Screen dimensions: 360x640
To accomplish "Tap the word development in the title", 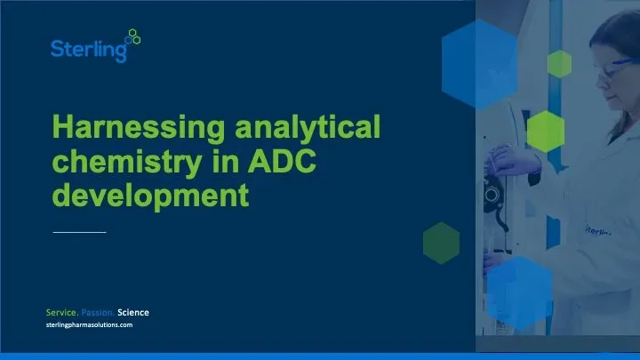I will [x=148, y=194].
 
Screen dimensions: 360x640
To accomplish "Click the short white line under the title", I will [x=79, y=232].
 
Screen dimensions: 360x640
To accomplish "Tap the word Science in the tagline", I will [x=133, y=312].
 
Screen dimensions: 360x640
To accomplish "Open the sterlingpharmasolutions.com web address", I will [x=89, y=326].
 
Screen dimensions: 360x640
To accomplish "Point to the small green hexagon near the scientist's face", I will [x=559, y=63].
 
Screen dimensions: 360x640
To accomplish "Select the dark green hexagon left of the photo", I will [x=441, y=243].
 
